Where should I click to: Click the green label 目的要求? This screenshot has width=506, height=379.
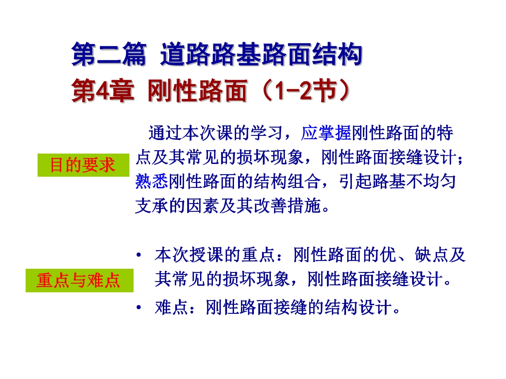[x=83, y=165]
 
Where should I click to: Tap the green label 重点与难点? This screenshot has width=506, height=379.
[x=79, y=280]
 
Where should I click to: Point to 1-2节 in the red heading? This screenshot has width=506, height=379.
[x=307, y=90]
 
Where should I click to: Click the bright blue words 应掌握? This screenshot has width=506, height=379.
[x=326, y=133]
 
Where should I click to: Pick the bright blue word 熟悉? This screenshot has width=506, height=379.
[x=151, y=182]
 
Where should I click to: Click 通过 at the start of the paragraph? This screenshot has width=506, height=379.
[x=165, y=133]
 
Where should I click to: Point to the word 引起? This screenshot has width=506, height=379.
[x=355, y=182]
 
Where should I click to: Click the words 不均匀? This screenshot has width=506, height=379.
[x=431, y=182]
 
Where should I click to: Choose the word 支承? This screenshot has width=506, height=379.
[x=151, y=206]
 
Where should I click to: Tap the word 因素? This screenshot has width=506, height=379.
[x=202, y=206]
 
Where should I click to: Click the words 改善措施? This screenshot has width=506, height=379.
[x=287, y=206]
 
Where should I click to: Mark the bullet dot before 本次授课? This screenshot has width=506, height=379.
[x=139, y=255]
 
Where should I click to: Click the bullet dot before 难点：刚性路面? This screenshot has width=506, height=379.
[x=139, y=307]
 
